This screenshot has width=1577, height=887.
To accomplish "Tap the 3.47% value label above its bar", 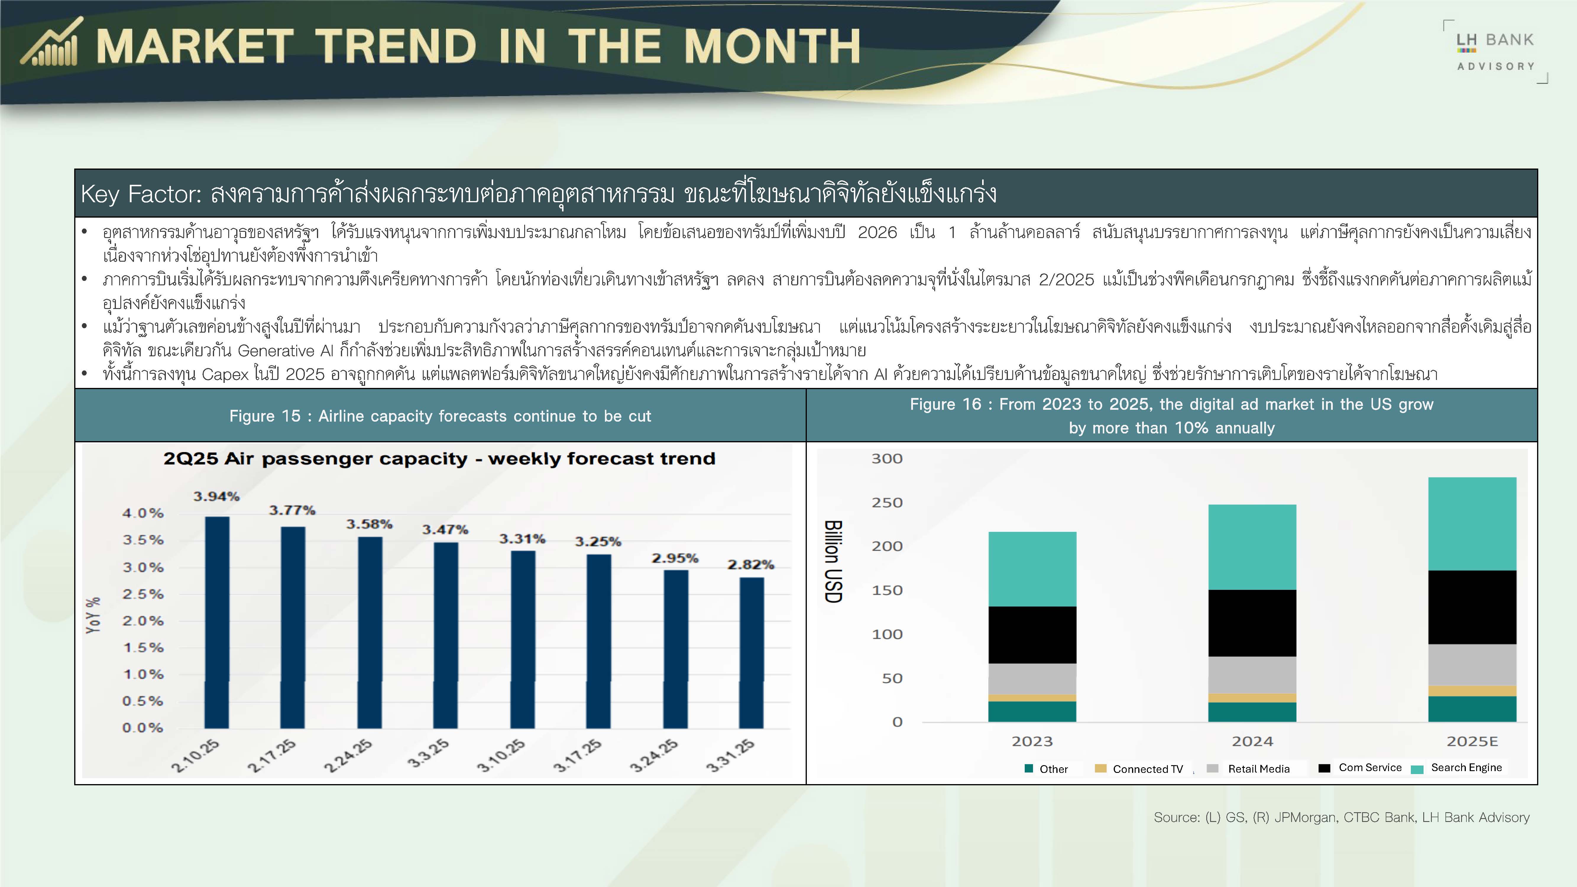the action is (445, 530).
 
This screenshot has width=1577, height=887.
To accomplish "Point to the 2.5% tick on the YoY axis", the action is (143, 594).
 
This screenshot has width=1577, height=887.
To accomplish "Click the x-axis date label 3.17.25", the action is (578, 755).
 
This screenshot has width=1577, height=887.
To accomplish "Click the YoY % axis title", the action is (93, 615).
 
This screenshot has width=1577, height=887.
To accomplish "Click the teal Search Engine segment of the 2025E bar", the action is (1472, 524).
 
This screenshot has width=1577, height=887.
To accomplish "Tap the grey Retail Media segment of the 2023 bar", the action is (1032, 679).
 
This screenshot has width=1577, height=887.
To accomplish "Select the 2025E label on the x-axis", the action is (1472, 741).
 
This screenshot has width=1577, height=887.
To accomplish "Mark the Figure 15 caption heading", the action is (440, 416).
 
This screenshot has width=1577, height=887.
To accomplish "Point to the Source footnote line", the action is (1341, 817).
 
